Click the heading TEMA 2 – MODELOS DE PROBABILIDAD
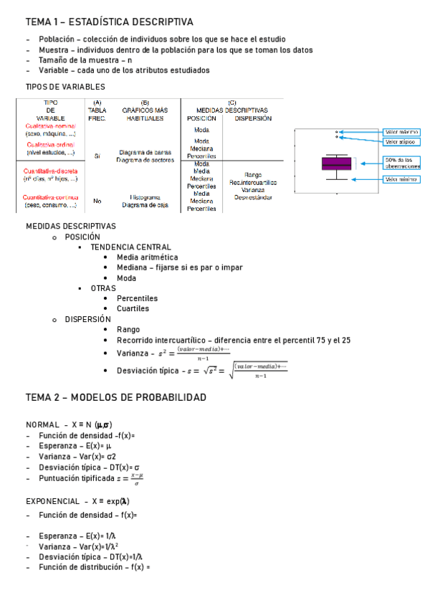point(115,397)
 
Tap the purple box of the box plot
point(336,163)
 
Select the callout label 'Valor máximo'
point(401,132)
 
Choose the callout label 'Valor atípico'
point(401,141)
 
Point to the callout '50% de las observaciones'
point(401,163)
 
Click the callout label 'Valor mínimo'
point(401,179)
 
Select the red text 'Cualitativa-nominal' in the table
point(51,125)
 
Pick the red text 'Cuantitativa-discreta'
point(51,171)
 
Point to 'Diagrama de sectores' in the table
point(145,160)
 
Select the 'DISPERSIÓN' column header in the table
point(252,118)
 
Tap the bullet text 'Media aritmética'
point(148,257)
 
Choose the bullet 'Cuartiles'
point(133,308)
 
